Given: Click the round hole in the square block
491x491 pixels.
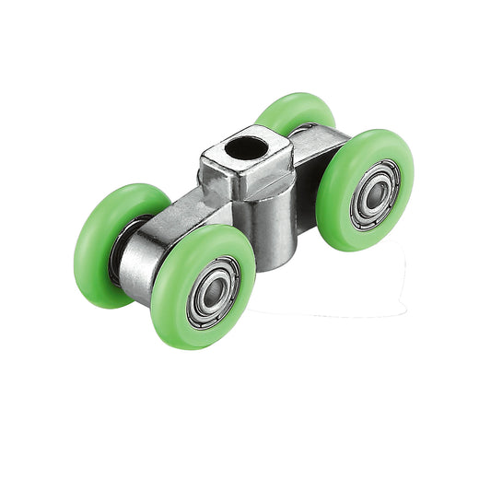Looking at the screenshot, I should click(x=247, y=147).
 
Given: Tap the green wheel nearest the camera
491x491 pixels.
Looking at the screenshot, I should click(x=204, y=286).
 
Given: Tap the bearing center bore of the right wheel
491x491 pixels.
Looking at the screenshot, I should click(x=376, y=194).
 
